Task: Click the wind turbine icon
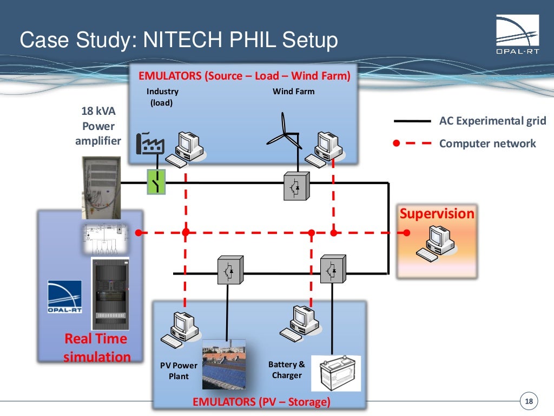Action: (x=285, y=133)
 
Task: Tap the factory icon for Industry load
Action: (x=151, y=143)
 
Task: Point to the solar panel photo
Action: (x=224, y=364)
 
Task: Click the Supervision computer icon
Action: (x=436, y=244)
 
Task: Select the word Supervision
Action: (x=437, y=213)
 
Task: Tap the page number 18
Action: (x=529, y=401)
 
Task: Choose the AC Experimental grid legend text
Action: (x=492, y=121)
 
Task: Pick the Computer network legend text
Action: (x=487, y=144)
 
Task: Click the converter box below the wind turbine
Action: (x=296, y=186)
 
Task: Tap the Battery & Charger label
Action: (x=287, y=369)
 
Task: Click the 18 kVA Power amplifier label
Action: (x=98, y=126)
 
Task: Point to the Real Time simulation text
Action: (x=96, y=348)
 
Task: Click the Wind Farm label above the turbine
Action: (x=293, y=92)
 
